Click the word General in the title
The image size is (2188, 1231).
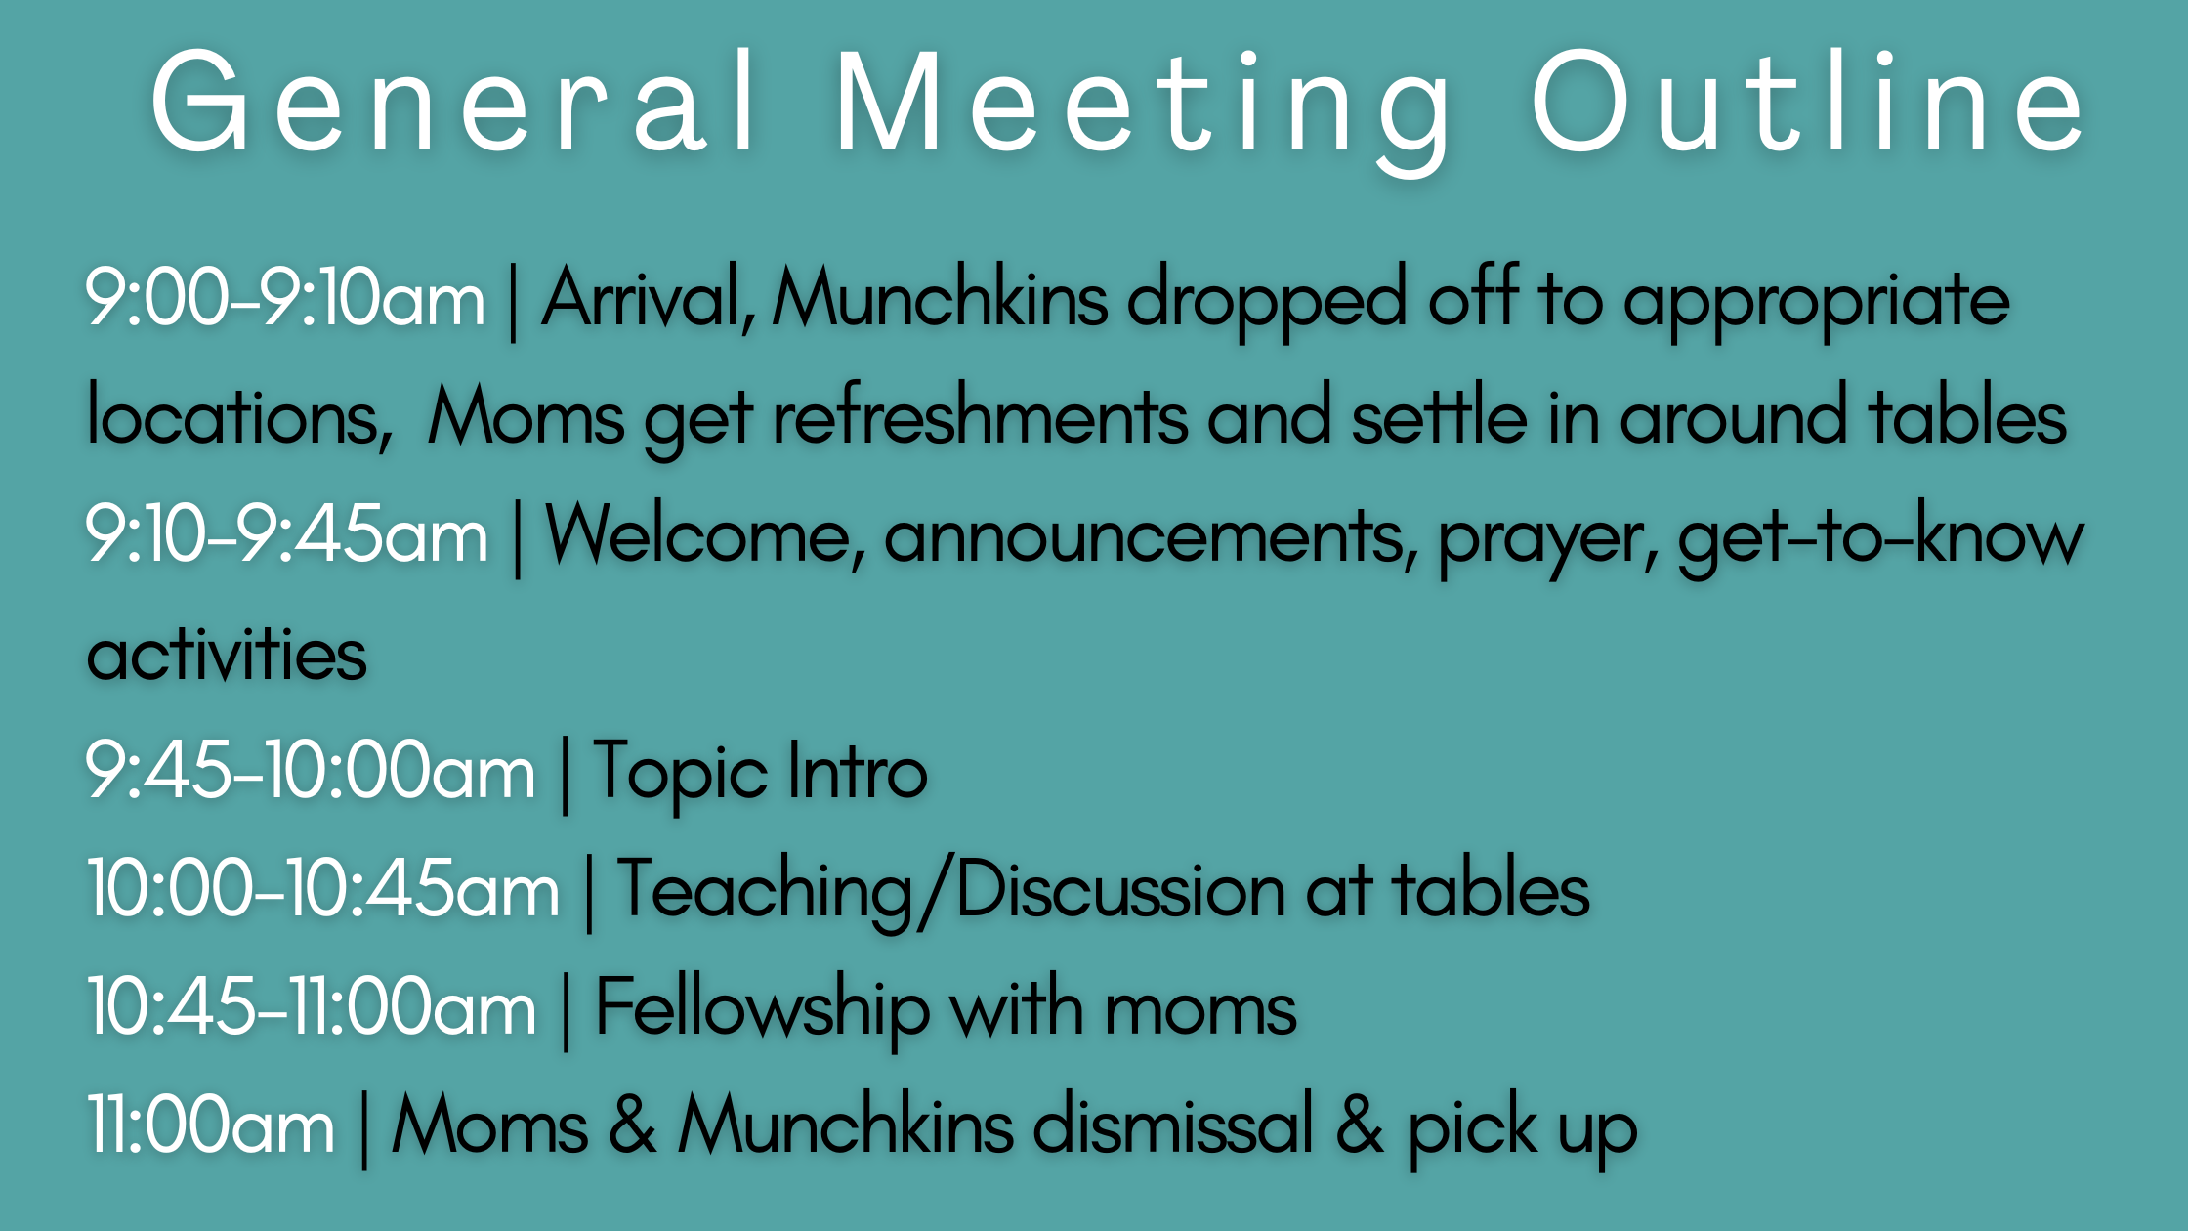point(455,102)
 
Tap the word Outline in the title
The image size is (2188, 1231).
point(1808,102)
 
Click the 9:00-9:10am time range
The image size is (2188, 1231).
point(285,298)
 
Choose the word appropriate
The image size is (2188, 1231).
point(1817,303)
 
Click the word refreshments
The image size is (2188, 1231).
point(981,415)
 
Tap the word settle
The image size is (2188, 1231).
point(1440,415)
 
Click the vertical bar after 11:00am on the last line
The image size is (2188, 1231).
point(364,1128)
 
